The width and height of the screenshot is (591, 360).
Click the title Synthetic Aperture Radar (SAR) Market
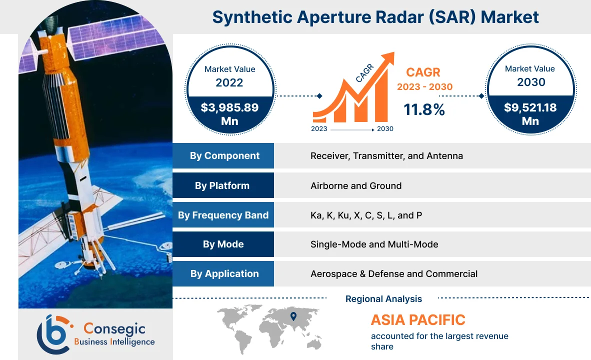click(x=375, y=17)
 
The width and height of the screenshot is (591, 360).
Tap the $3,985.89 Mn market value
click(x=229, y=114)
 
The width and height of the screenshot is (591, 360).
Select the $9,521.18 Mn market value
click(x=530, y=114)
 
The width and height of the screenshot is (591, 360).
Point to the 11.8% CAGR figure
click(x=424, y=109)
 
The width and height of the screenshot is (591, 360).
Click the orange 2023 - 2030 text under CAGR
click(x=424, y=87)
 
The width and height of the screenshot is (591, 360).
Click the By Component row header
click(x=224, y=156)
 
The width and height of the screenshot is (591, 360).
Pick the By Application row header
click(x=224, y=274)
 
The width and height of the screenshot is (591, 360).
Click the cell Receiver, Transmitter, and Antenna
click(x=386, y=156)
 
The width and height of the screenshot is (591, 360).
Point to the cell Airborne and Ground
click(x=355, y=185)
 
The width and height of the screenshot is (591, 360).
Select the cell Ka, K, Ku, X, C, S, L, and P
click(x=366, y=215)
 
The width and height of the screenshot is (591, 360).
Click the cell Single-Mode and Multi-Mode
click(x=374, y=244)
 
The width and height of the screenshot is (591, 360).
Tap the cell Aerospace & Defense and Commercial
click(x=393, y=274)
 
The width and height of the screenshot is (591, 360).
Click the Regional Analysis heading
click(x=383, y=299)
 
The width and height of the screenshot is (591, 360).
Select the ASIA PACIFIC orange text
click(x=417, y=319)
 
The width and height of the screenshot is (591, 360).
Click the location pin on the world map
click(x=293, y=316)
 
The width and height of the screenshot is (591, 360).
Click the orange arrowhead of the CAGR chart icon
click(x=388, y=58)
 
